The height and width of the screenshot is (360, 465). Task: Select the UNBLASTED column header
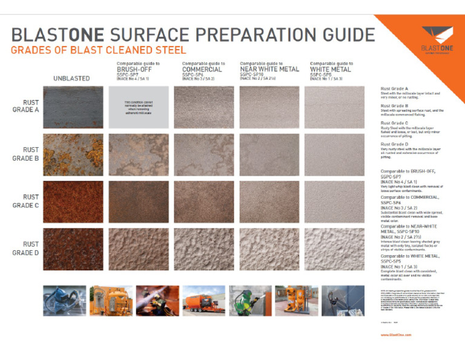(x=71, y=78)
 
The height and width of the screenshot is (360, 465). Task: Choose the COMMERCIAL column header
(x=202, y=69)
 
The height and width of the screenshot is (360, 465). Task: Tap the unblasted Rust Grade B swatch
(x=73, y=155)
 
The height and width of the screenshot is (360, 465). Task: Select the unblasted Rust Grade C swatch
(x=73, y=202)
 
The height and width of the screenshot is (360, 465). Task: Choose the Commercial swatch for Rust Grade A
(x=204, y=107)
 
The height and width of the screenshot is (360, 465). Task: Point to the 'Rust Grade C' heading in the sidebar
(x=394, y=123)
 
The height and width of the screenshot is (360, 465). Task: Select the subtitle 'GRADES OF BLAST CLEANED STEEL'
(x=99, y=50)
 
